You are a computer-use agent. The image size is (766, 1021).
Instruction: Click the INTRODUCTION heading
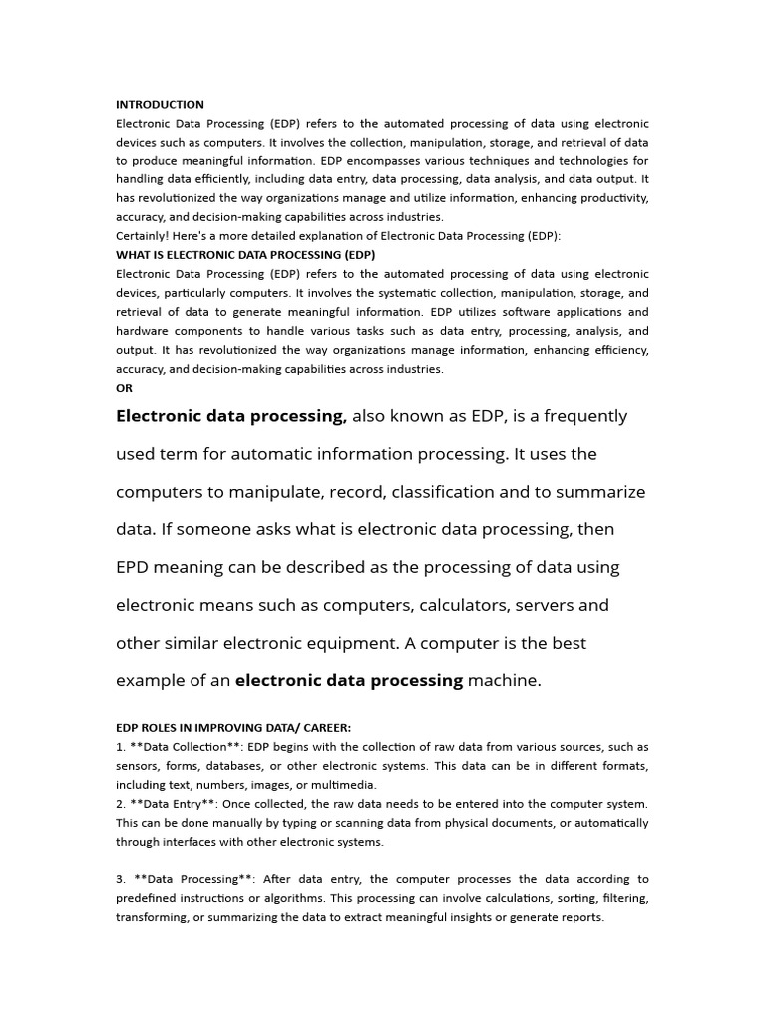[160, 104]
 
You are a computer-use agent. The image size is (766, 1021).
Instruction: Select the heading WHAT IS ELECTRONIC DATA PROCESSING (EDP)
[244, 255]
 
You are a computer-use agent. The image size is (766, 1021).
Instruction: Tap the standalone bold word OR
[124, 388]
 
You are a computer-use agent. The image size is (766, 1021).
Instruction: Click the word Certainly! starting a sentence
[143, 236]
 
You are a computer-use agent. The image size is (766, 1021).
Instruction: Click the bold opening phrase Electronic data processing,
[231, 416]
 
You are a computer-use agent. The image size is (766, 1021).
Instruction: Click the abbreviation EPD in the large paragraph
[135, 567]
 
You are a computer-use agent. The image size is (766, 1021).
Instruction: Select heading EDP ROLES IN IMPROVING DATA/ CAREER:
[233, 728]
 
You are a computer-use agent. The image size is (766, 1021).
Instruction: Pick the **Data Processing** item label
[189, 879]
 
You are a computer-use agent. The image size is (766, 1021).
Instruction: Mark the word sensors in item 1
[139, 766]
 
